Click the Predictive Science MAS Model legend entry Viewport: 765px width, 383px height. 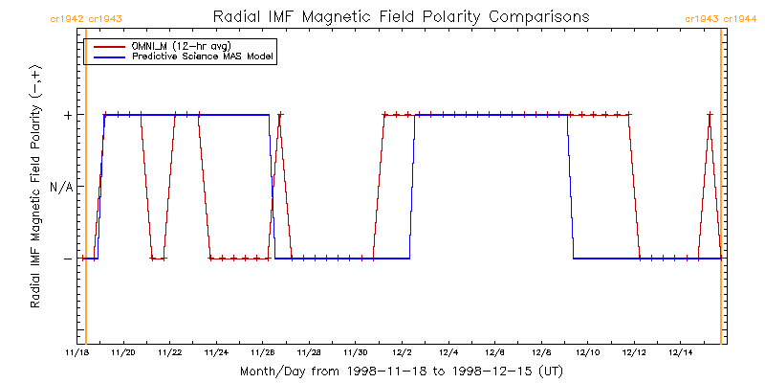(x=203, y=57)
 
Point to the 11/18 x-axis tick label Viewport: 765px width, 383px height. (x=77, y=352)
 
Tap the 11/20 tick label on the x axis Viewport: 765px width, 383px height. (x=123, y=352)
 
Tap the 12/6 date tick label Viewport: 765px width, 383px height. (x=494, y=352)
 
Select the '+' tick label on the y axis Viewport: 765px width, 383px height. (x=67, y=115)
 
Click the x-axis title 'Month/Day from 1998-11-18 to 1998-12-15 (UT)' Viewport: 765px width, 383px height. (x=401, y=371)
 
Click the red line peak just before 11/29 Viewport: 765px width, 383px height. (x=279, y=115)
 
